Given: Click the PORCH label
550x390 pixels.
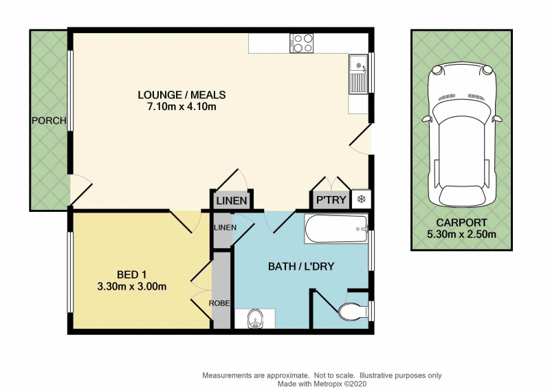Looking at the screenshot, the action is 49,120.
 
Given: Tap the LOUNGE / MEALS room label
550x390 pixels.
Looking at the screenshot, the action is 181,95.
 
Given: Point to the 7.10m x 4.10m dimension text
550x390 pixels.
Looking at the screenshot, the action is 181,107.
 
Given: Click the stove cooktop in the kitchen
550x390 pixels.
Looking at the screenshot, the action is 302,43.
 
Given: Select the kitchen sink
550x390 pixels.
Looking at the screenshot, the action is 357,74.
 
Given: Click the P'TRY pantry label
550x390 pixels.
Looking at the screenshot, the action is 331,199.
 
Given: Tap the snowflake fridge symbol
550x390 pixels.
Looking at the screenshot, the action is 361,199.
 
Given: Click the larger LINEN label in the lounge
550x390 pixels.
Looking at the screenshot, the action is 232,201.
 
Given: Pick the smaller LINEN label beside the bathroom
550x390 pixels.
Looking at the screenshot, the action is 225,228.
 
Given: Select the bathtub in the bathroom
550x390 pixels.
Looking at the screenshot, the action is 337,229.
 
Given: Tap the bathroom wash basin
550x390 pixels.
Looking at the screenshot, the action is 255,318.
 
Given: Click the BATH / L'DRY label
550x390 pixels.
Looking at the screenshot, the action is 301,266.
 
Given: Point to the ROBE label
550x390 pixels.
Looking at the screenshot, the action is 219,303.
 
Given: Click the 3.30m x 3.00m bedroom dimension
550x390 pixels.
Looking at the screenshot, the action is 131,287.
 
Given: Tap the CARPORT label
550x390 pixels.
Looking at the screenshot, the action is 461,223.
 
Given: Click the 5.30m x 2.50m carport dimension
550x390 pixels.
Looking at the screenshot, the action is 461,234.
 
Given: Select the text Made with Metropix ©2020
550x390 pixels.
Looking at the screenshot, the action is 322,384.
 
